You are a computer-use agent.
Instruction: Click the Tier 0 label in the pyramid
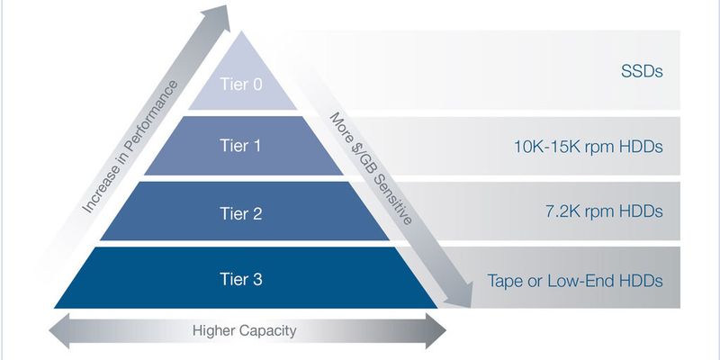pos(241,85)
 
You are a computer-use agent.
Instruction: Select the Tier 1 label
pos(240,146)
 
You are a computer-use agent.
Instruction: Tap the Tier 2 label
pos(241,213)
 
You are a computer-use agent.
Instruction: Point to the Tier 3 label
pos(241,279)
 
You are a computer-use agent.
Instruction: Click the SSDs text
pos(642,72)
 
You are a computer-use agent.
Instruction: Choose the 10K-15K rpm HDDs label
pos(589,147)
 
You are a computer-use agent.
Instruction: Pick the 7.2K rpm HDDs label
pos(604,211)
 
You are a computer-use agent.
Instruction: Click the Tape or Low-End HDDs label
pos(575,280)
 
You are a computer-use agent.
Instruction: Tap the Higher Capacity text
pos(244,330)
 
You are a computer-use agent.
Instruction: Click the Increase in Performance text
pos(130,147)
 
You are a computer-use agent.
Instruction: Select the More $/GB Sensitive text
pos(371,168)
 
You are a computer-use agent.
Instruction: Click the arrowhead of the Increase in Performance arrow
pos(220,16)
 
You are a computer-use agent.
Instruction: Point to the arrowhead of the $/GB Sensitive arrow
pos(461,296)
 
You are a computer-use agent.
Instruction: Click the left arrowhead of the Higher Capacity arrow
pos(58,330)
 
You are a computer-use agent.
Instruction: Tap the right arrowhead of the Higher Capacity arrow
pos(436,330)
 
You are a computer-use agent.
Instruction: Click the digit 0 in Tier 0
pos(257,85)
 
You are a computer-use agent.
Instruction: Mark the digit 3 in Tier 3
pos(257,279)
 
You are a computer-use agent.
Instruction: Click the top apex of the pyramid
pos(242,31)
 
